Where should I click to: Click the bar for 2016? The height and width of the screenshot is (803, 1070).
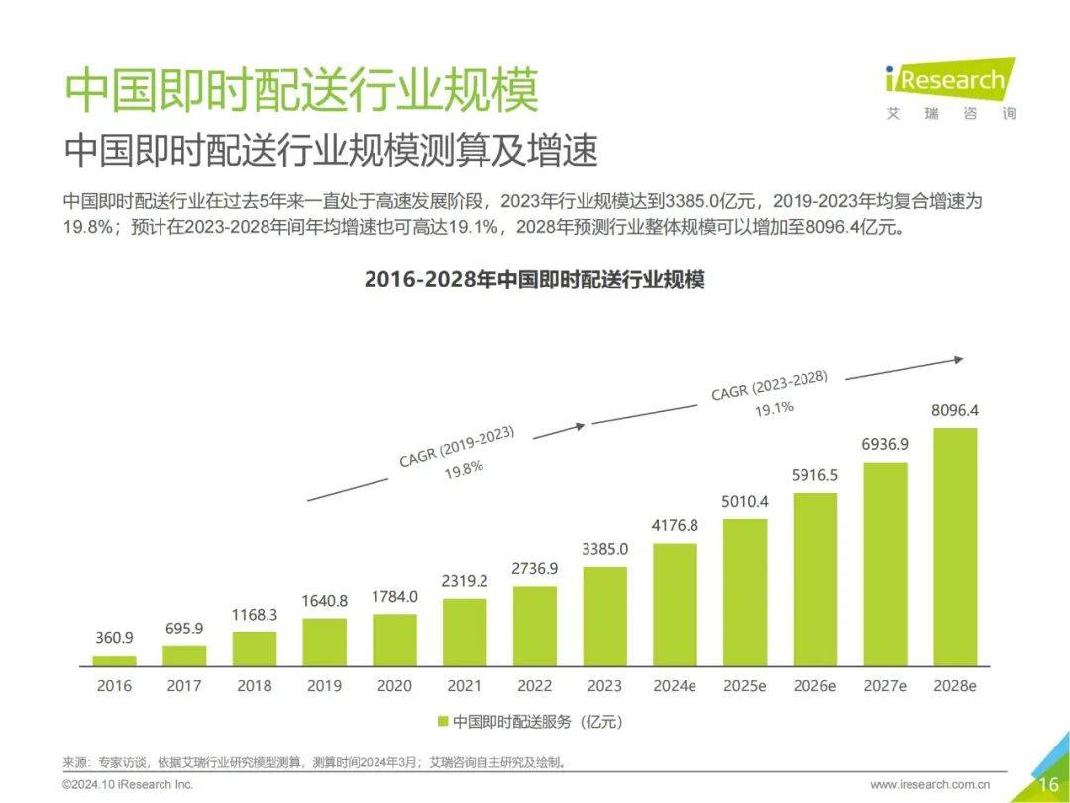tap(114, 660)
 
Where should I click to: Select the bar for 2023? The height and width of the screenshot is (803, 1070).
tap(604, 616)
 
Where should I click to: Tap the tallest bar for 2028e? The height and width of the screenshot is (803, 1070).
tap(955, 546)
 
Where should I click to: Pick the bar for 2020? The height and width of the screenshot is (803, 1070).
tap(394, 639)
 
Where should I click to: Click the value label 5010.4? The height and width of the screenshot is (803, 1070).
tap(745, 502)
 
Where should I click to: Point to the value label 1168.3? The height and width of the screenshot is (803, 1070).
tap(255, 615)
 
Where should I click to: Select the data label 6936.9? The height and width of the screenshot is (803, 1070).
tap(885, 445)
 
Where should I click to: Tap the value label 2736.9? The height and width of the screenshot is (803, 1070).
tap(535, 568)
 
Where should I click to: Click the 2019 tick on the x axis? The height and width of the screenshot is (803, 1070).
tap(324, 685)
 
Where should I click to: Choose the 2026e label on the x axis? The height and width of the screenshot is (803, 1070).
tap(814, 685)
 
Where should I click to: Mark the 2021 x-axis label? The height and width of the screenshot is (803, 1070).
tap(465, 685)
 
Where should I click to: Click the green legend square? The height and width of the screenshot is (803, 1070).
tap(442, 722)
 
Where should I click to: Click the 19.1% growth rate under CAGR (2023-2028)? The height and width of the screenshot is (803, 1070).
tap(774, 407)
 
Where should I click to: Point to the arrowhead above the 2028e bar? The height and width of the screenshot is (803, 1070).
tap(957, 360)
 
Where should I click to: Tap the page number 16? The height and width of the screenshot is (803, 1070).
tap(1048, 785)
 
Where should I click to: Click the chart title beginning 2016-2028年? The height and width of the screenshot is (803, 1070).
tap(534, 280)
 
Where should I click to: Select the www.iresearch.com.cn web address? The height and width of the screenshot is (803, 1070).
tap(937, 785)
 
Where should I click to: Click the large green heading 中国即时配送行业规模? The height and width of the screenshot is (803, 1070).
tap(301, 91)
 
